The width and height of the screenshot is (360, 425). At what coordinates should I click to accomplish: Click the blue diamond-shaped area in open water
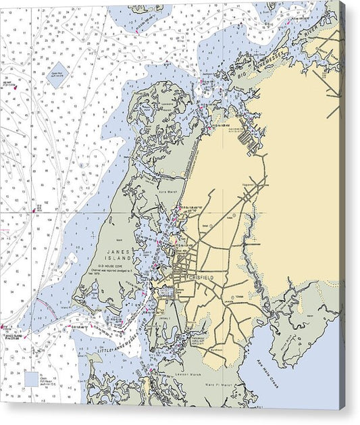tap(58, 70)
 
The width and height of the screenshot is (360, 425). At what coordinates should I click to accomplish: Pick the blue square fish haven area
tap(32, 378)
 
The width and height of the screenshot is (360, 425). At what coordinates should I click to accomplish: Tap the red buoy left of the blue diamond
tap(11, 85)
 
